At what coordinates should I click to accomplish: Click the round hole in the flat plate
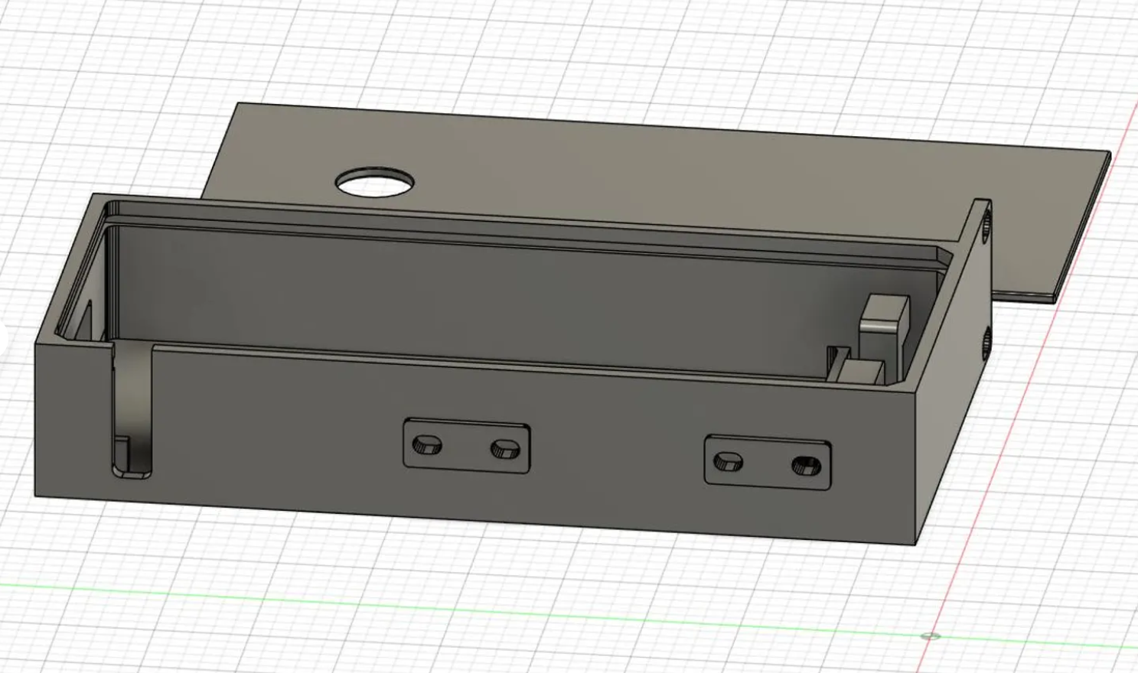tap(375, 183)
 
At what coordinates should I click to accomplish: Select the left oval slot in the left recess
tap(426, 444)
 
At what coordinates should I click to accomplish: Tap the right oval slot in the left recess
tap(504, 448)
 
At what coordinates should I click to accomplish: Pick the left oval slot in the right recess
tap(727, 461)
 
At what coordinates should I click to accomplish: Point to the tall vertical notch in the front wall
tap(132, 413)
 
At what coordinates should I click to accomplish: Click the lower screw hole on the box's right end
tap(986, 342)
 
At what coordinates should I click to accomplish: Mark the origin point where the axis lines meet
tap(931, 636)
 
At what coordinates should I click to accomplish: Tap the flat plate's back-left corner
tap(239, 104)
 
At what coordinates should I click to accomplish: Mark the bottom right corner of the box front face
tap(917, 545)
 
